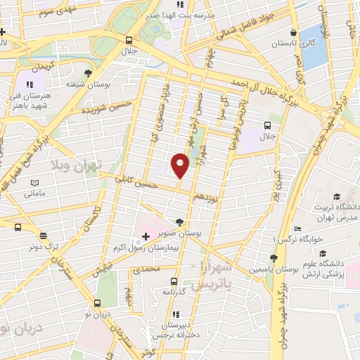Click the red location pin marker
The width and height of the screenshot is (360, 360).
tap(180, 165)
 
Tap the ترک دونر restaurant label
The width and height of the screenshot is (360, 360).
tap(43, 245)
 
